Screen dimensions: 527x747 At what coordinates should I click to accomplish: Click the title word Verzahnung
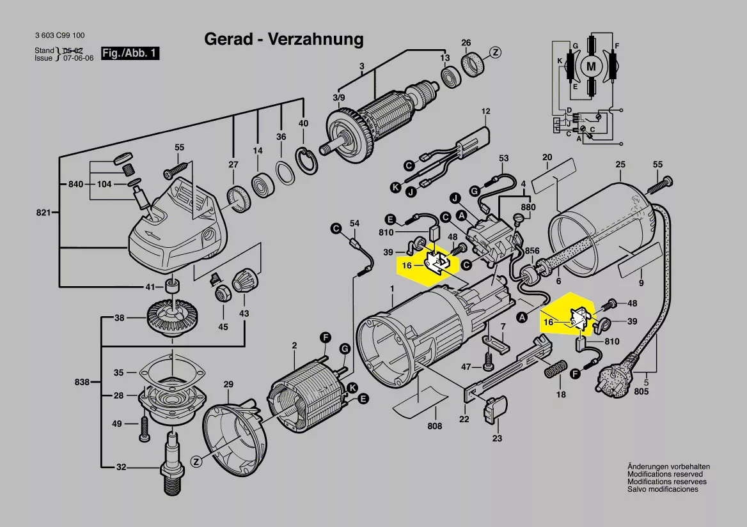tap(316, 39)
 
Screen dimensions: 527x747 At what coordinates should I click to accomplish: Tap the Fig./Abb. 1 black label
tap(130, 54)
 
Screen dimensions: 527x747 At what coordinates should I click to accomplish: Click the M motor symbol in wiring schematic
tap(591, 65)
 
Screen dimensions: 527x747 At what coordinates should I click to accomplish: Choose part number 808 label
tap(434, 426)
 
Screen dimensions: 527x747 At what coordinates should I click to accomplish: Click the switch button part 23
tap(496, 409)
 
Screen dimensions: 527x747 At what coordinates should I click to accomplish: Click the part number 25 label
tap(620, 165)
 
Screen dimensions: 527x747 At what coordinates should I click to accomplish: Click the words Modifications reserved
tap(664, 475)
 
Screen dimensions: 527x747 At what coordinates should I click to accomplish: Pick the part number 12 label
tap(485, 112)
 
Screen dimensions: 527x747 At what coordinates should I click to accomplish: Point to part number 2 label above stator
tap(294, 346)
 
